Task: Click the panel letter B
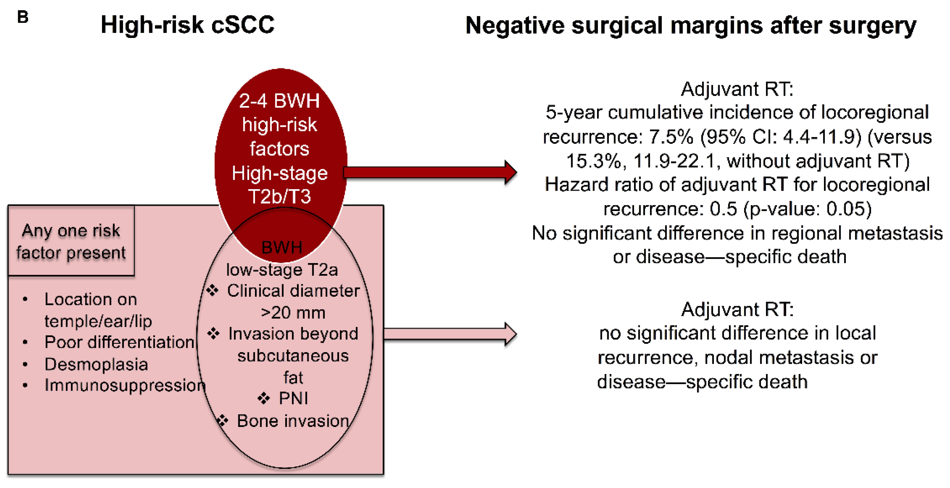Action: tap(23, 17)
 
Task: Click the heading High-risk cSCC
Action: tap(187, 25)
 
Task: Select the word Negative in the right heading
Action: tap(514, 26)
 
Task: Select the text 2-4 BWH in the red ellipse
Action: tap(279, 101)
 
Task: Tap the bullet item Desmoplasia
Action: tap(96, 364)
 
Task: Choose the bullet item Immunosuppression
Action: tap(125, 385)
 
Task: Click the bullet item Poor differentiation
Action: tap(119, 342)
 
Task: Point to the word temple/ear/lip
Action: tap(98, 321)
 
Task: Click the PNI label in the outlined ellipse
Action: tap(293, 398)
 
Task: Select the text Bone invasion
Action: tap(293, 421)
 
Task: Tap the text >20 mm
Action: tap(293, 313)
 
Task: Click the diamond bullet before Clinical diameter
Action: tap(212, 291)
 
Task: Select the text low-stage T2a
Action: tap(282, 270)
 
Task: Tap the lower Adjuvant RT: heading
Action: tap(737, 309)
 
